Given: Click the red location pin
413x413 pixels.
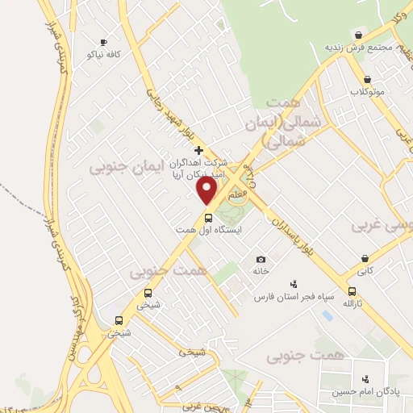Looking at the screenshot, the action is (x=208, y=190).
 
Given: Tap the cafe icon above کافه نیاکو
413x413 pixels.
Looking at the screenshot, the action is (x=103, y=42).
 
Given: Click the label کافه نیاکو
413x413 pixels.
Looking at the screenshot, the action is (x=102, y=54).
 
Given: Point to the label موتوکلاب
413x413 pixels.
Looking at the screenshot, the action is (x=368, y=91).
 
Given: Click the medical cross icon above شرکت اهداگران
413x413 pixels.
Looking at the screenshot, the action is (x=199, y=150).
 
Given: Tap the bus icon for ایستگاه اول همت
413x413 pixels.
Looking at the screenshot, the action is (x=208, y=218).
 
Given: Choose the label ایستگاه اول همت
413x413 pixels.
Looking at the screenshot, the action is (x=209, y=230).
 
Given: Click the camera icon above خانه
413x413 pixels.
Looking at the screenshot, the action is (x=261, y=259).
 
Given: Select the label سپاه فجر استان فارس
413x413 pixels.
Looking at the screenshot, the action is (x=294, y=297).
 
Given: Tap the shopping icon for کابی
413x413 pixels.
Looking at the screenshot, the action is (x=366, y=259).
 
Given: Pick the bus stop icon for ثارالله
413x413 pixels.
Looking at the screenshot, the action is (x=351, y=291).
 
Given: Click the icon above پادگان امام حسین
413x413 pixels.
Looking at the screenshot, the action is (x=366, y=379).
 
